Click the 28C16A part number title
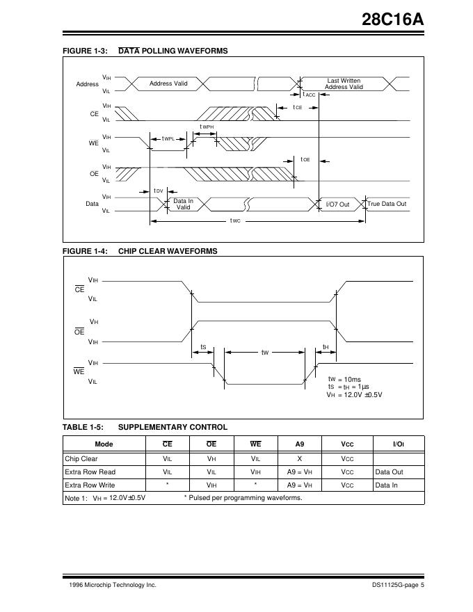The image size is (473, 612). tap(392, 21)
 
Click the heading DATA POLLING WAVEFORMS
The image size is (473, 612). tap(173, 51)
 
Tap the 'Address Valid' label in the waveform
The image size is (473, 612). tap(168, 83)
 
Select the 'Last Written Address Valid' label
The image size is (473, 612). tap(344, 84)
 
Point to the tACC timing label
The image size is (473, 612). tap(309, 95)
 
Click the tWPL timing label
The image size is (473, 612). tap(168, 139)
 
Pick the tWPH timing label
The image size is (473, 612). tap(207, 127)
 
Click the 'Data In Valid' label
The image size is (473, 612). tap(183, 204)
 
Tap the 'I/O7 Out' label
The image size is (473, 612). tap(337, 204)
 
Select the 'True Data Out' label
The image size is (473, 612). tap(387, 204)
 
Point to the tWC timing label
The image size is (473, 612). tap(235, 221)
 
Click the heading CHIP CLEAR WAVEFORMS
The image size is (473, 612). tap(168, 251)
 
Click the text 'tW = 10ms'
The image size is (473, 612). tap(344, 379)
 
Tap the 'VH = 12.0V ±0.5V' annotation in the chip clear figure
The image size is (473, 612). tap(355, 394)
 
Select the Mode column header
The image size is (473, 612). tap(104, 444)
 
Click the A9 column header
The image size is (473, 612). tap(300, 444)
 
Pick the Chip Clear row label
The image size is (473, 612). tap(81, 459)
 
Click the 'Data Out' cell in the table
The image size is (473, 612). tap(389, 472)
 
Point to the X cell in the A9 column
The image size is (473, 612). tap(300, 459)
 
